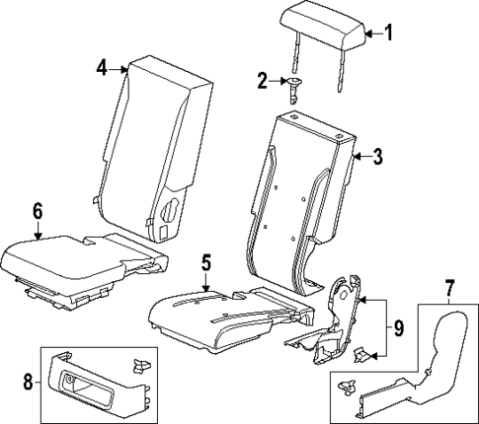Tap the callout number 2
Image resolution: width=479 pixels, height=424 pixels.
[263, 81]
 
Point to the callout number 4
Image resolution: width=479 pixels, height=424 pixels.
[103, 67]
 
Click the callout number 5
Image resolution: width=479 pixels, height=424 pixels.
[207, 263]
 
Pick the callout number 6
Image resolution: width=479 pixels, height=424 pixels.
[37, 210]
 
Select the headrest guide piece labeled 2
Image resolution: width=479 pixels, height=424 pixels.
[293, 87]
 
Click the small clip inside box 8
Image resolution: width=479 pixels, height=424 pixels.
[141, 366]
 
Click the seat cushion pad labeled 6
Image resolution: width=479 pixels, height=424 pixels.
[59, 256]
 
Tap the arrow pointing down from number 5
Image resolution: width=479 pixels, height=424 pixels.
[207, 282]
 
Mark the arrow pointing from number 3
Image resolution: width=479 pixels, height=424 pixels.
[361, 156]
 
